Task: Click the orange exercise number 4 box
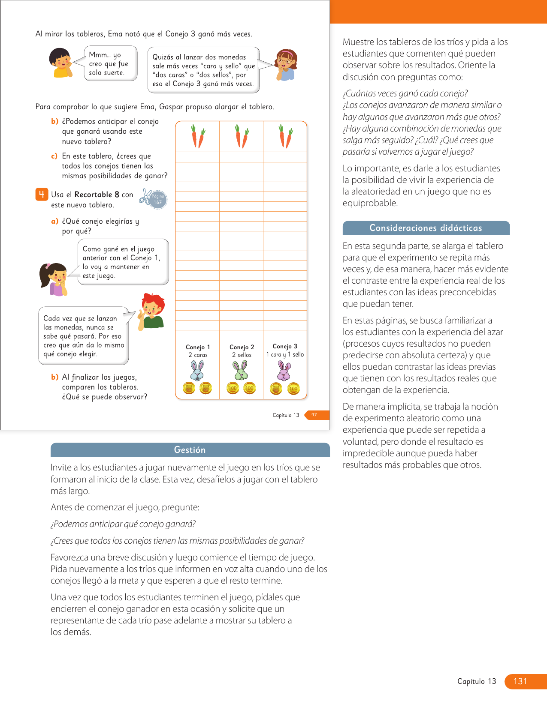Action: click(x=41, y=195)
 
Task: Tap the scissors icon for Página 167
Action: click(x=146, y=196)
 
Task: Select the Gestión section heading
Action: click(x=190, y=450)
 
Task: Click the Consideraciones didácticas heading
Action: click(x=426, y=228)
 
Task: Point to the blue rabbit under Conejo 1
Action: click(x=197, y=370)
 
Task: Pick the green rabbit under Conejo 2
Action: click(x=241, y=370)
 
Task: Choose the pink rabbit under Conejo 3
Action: click(x=284, y=371)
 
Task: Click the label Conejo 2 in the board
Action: click(x=242, y=347)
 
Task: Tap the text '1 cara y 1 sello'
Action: click(x=285, y=354)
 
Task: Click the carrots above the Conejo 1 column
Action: click(x=197, y=136)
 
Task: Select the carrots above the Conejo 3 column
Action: click(x=285, y=136)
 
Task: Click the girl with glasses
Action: click(x=286, y=64)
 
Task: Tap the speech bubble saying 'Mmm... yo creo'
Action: click(x=110, y=63)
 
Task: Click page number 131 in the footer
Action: click(x=520, y=681)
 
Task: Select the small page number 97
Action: click(x=314, y=415)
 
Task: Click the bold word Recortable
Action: click(x=97, y=195)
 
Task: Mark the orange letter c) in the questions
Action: click(x=54, y=156)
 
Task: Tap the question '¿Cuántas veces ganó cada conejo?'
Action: click(x=405, y=93)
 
